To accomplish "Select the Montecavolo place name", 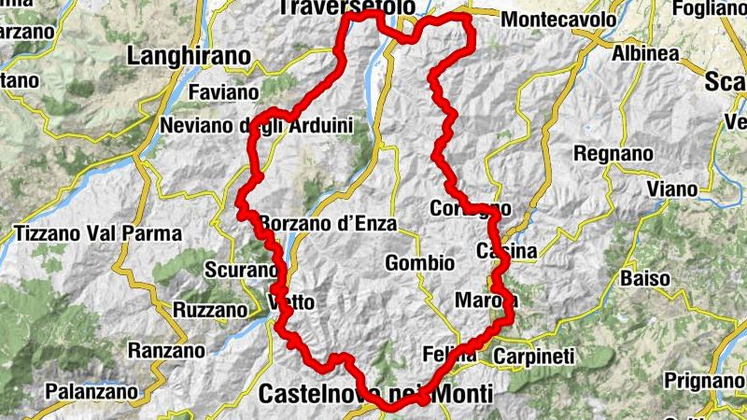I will (559, 19).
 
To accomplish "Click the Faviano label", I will (222, 92).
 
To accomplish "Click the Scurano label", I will (240, 271).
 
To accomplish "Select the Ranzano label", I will (165, 351).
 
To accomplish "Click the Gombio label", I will (419, 264).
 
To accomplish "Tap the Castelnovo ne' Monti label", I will (376, 394).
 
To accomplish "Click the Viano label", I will (672, 189).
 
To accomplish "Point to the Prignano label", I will (701, 381).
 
